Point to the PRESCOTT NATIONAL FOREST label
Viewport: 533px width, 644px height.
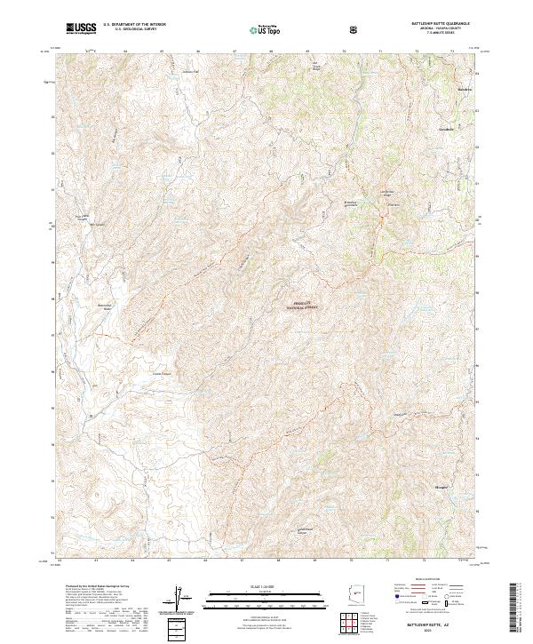point(305,306)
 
